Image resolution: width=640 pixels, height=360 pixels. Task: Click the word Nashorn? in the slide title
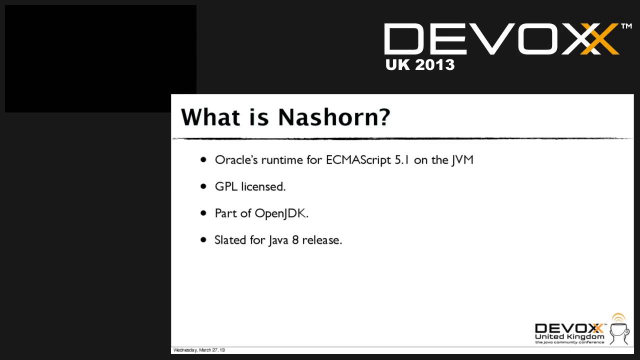coord(333,117)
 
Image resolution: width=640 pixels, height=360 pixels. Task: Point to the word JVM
coord(462,160)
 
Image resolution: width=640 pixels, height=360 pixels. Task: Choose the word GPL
coord(226,186)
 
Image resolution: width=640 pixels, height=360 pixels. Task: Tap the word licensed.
coord(263,186)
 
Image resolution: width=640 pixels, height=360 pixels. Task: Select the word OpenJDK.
coord(281,213)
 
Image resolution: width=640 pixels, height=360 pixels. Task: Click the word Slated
coord(230,240)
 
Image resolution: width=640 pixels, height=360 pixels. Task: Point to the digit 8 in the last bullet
coord(295,240)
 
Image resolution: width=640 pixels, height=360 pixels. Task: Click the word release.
coord(322,240)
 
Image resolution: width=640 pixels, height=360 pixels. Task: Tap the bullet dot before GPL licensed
coord(203,186)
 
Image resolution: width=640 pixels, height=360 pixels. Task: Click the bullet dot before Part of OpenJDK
coord(203,212)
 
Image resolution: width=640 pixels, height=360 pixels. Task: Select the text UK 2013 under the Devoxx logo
coord(420,64)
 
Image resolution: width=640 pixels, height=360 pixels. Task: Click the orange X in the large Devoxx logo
coord(599,38)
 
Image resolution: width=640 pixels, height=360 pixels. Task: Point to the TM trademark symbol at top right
coord(626,26)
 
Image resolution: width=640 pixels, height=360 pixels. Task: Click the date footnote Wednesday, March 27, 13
coord(199,350)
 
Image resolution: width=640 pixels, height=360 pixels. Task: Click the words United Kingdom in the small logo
coord(569,337)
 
